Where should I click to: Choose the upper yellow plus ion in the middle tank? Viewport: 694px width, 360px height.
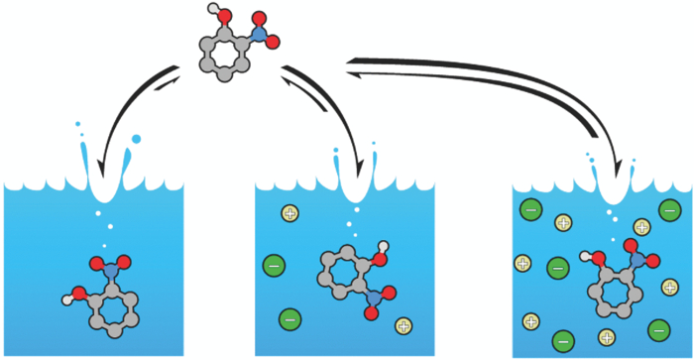(x=289, y=213)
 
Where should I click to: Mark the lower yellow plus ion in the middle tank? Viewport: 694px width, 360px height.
(x=404, y=325)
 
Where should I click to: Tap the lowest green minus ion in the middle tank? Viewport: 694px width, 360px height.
(x=290, y=318)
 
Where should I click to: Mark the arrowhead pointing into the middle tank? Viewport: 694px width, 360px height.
(x=359, y=164)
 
